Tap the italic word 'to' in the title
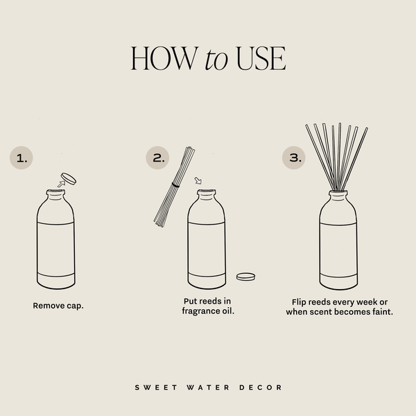coord(216,60)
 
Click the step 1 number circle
coord(21,158)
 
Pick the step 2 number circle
coord(158,158)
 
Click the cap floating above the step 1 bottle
coord(69,178)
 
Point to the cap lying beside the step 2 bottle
coord(245,277)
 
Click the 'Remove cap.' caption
coord(58,305)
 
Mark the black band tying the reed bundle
coord(175,185)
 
